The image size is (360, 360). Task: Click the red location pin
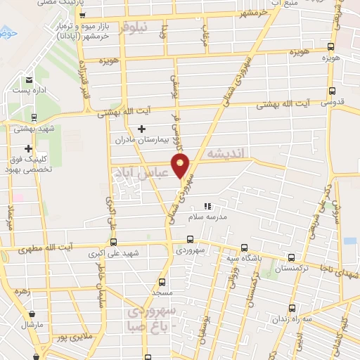point(181,167)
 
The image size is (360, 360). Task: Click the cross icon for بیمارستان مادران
point(142,129)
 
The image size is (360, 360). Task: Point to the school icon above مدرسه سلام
point(207,207)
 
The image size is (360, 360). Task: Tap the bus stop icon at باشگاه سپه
point(244,247)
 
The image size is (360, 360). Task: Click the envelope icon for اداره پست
point(28,81)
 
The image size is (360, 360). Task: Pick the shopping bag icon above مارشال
point(32,314)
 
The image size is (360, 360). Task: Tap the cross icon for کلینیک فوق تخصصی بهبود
point(28,148)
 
